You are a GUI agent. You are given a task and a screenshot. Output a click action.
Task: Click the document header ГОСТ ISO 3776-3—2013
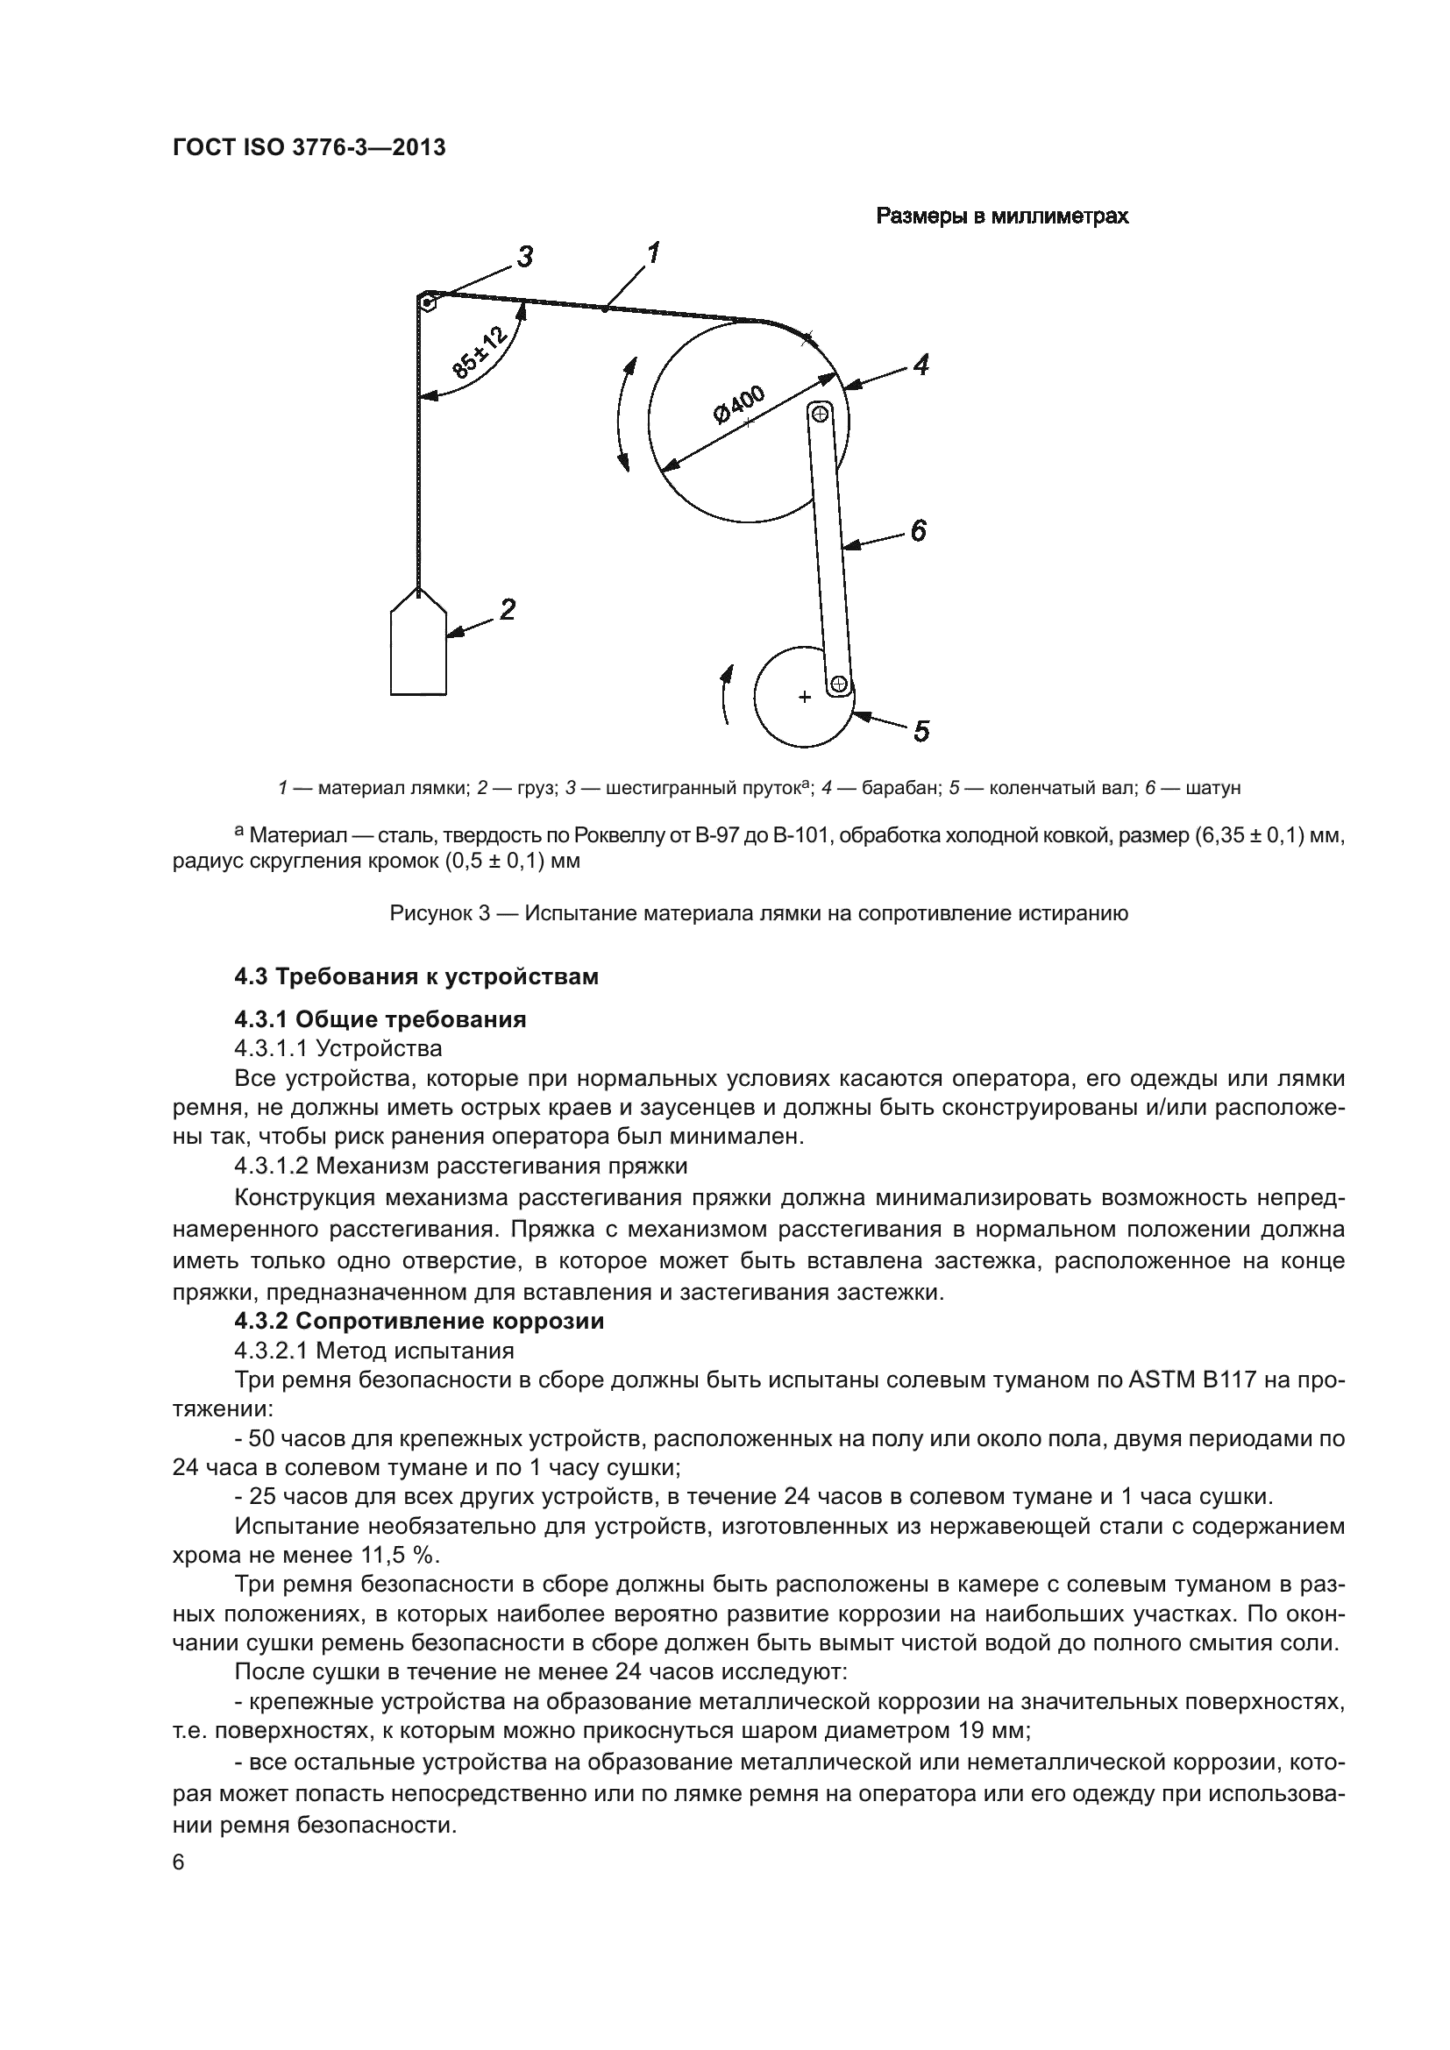coord(309,148)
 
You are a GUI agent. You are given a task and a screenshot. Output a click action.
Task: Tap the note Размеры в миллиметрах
coord(1002,216)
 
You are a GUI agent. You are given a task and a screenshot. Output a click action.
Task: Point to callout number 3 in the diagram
coord(526,257)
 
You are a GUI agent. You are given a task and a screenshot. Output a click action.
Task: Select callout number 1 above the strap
coord(653,253)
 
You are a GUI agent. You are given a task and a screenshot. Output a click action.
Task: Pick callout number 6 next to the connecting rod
coord(918,530)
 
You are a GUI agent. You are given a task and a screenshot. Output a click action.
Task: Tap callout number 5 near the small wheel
coord(921,731)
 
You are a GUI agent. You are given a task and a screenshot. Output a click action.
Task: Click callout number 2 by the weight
coord(507,610)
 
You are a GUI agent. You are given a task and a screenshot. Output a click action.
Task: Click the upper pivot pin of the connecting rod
coord(821,413)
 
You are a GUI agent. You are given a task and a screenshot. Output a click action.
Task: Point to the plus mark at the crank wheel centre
coord(804,697)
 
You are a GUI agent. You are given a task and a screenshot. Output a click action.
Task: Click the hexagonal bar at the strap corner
coord(429,303)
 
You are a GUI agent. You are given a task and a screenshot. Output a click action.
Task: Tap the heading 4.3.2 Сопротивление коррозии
coord(419,1321)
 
